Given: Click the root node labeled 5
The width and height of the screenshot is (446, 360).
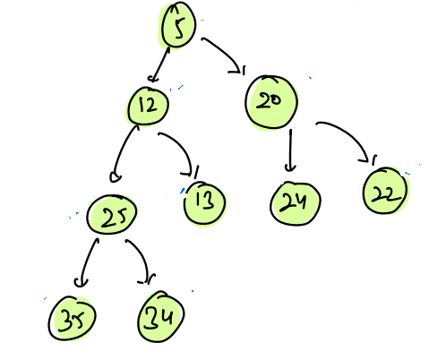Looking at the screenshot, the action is coord(178,25).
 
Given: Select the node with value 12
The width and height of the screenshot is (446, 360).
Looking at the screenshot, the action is coord(148,106).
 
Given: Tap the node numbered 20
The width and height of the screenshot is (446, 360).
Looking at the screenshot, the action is coord(271,102).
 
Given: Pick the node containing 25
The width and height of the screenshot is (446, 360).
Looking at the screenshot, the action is coord(112,215).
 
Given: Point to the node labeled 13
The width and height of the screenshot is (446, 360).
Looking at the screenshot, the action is coord(204,203).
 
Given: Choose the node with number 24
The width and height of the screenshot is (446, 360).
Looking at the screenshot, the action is coord(296,203).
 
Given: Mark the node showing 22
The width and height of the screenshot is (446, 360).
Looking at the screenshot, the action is coord(385,191).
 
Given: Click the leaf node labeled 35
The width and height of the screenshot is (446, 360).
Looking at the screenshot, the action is coord(72,318).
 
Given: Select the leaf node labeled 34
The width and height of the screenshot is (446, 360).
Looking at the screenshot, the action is coord(160,317).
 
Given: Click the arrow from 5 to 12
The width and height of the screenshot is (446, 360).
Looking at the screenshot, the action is coord(159,64).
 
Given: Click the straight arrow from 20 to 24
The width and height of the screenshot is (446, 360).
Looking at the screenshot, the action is coord(290,150).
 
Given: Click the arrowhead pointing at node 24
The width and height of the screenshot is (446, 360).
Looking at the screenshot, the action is coord(290,168).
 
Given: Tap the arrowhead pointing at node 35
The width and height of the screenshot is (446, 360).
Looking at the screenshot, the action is coord(81,282).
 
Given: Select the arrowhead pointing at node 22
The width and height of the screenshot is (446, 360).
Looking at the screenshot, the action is coord(368,159).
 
